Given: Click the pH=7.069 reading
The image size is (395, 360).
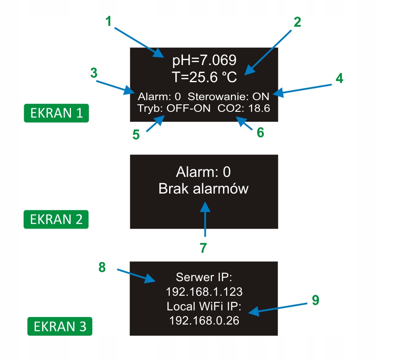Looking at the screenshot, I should click(x=204, y=60).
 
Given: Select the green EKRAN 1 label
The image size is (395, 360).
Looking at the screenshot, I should click(x=56, y=113).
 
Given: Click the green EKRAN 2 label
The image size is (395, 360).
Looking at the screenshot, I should click(x=56, y=219).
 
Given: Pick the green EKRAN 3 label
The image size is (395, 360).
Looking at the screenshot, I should click(x=60, y=326).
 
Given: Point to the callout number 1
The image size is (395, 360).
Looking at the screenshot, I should click(x=109, y=21).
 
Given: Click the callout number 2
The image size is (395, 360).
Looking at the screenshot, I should click(x=297, y=22).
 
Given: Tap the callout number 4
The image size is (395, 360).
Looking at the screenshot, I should click(x=339, y=78).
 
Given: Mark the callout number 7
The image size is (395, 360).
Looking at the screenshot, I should click(x=203, y=247).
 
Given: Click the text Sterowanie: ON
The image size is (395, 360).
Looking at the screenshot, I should click(x=228, y=97).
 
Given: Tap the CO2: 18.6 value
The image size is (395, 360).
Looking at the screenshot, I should click(x=244, y=108).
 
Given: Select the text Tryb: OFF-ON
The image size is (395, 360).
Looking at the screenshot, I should click(x=173, y=108).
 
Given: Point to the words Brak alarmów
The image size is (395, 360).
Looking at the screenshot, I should click(x=203, y=189).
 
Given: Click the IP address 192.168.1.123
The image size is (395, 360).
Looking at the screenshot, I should click(x=204, y=291).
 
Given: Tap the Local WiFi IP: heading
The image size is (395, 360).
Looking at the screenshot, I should click(x=204, y=307).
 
